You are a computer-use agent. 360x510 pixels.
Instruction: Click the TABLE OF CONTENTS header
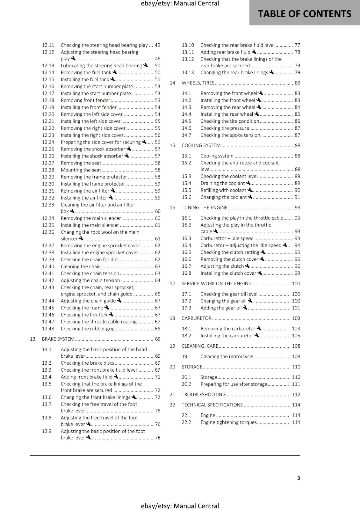(x=304, y=14)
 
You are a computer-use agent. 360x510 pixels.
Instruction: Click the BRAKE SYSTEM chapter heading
(x=58, y=339)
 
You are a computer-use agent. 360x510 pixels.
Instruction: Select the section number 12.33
(x=48, y=205)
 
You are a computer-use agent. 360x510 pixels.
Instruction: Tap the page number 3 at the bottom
(x=299, y=478)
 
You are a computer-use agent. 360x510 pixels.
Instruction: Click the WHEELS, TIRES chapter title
(x=198, y=83)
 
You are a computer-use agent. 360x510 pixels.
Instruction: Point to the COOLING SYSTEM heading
(x=201, y=146)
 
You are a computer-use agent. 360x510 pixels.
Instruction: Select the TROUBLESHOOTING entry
(x=204, y=395)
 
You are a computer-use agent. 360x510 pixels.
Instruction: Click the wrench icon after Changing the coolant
(x=250, y=197)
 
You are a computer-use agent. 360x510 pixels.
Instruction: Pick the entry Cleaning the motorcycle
(x=227, y=357)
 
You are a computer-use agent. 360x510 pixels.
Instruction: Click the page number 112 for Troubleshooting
(x=296, y=395)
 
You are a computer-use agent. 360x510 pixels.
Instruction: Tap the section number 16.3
(x=186, y=238)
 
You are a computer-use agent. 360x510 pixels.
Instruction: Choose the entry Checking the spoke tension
(x=230, y=135)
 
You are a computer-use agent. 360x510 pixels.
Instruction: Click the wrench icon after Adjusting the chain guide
(x=119, y=301)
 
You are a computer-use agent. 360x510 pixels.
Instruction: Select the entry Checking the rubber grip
(x=88, y=329)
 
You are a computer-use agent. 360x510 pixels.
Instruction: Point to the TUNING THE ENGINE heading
(x=205, y=208)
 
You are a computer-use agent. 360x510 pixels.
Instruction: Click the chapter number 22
(x=172, y=405)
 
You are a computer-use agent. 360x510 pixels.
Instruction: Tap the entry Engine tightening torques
(x=228, y=422)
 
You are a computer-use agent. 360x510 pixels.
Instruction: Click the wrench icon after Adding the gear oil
(x=245, y=308)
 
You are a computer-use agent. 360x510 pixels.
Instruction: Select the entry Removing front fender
(x=85, y=100)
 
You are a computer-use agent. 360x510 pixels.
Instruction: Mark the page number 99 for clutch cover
(x=297, y=273)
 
